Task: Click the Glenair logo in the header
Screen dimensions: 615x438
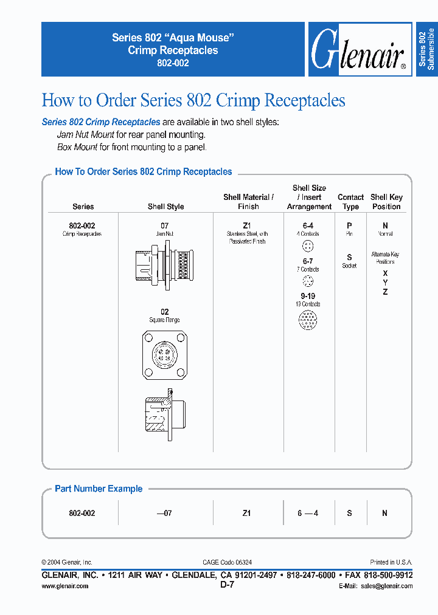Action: click(x=359, y=50)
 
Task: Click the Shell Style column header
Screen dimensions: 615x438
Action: click(x=165, y=207)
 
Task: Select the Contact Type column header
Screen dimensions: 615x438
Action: click(x=350, y=202)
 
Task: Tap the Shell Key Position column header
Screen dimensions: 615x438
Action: click(x=386, y=202)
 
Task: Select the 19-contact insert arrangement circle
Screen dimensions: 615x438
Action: click(x=308, y=320)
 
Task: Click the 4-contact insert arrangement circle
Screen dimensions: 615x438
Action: click(x=308, y=246)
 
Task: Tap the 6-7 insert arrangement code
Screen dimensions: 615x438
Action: click(x=308, y=261)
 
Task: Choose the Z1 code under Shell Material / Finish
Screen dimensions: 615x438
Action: click(x=247, y=225)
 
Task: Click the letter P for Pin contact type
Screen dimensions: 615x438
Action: click(x=349, y=225)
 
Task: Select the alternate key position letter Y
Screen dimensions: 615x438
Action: click(x=385, y=283)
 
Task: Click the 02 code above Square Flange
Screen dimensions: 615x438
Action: click(x=164, y=312)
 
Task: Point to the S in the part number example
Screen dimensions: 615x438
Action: click(x=349, y=513)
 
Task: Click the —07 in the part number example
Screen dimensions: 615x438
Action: click(x=164, y=513)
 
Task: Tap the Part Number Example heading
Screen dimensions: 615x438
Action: click(x=99, y=489)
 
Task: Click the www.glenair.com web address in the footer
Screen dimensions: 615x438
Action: click(x=65, y=586)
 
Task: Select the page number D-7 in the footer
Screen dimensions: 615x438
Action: click(x=227, y=585)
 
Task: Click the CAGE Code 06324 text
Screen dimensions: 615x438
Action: click(x=227, y=563)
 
